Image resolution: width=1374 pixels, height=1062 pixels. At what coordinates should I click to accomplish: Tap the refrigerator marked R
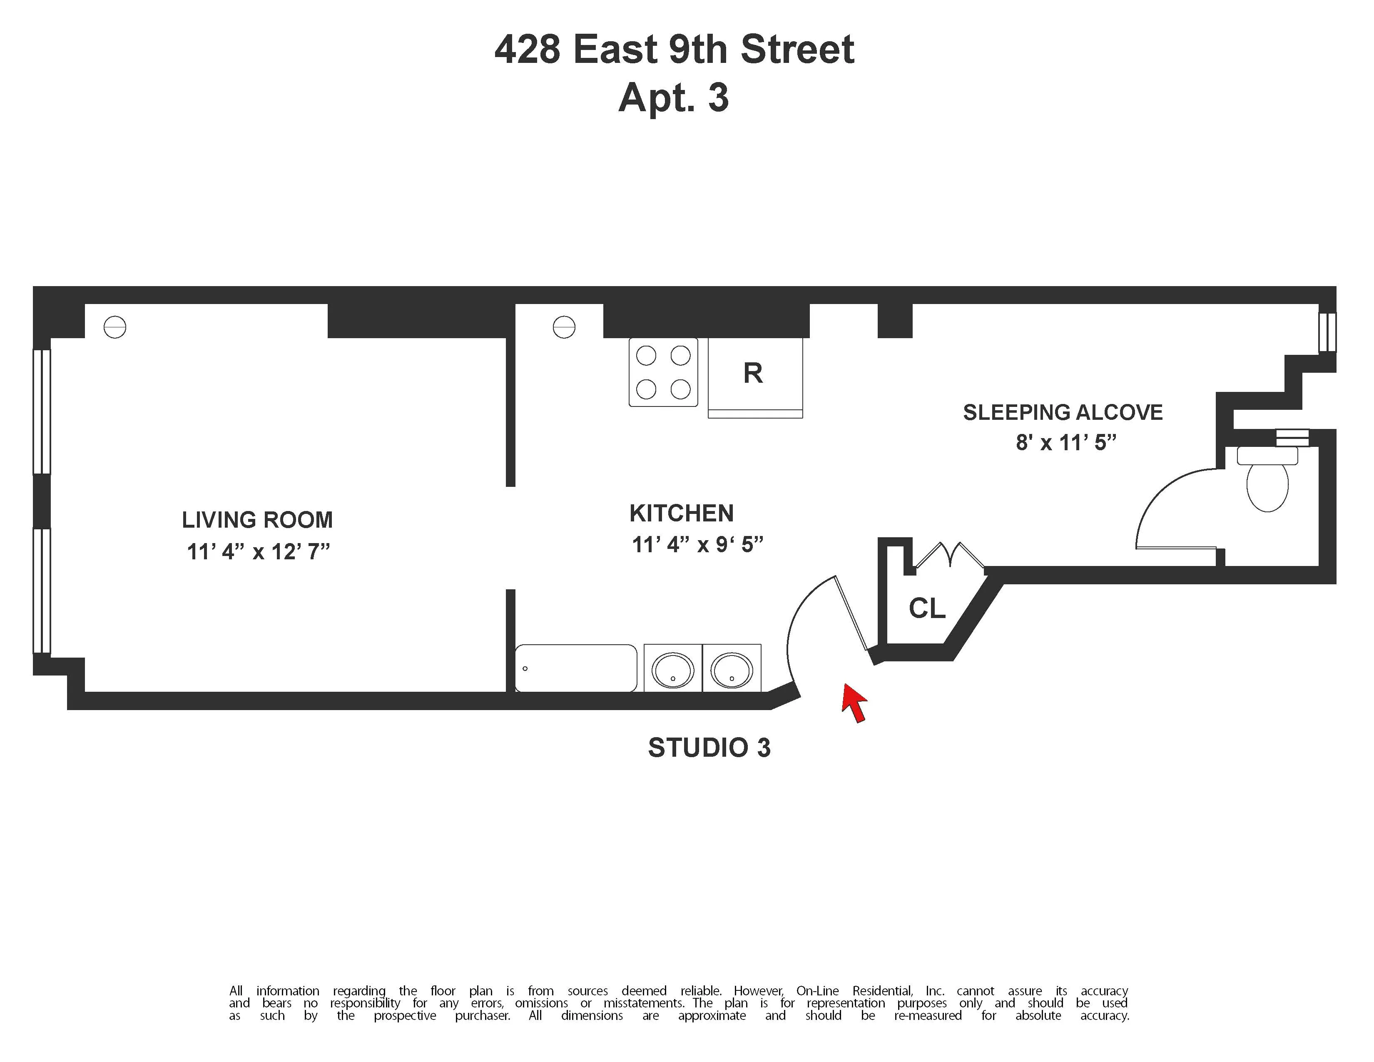coord(754,374)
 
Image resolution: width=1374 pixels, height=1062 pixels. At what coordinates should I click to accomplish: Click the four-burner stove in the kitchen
coord(663,372)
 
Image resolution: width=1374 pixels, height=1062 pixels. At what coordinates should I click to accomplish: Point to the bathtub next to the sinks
coord(576,668)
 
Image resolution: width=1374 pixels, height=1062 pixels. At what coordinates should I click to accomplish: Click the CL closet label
coord(927,608)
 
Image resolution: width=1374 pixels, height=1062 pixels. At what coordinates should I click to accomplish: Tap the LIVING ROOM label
coord(257,520)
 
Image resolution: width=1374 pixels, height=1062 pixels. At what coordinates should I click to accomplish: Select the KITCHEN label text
coord(681,514)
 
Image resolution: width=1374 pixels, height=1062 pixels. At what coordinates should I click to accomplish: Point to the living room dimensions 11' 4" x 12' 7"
coord(258,552)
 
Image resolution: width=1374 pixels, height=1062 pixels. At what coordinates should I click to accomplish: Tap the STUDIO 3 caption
coord(709,748)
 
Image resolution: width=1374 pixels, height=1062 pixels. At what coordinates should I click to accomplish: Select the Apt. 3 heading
coord(673,98)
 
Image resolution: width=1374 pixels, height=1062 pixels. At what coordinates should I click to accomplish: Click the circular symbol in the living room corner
coord(114,327)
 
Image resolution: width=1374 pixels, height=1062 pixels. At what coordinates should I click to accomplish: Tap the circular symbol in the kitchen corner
coord(564,327)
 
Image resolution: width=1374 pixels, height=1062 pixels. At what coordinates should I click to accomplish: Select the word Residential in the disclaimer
coord(882,991)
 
